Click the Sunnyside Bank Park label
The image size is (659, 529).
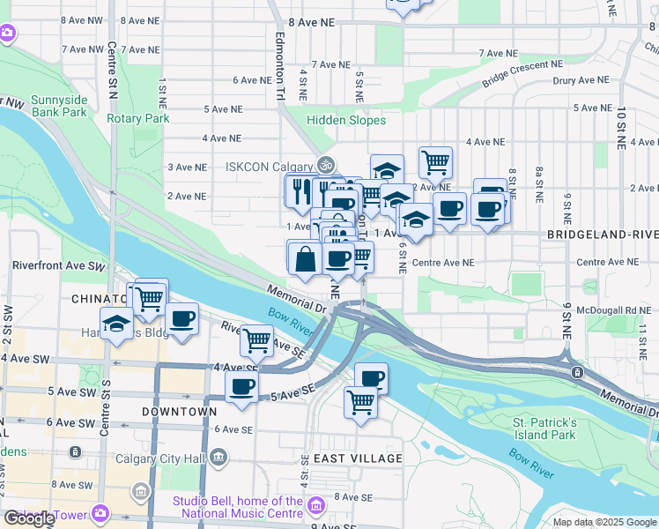tap(58, 106)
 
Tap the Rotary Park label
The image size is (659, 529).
tap(137, 118)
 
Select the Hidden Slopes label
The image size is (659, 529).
tap(346, 120)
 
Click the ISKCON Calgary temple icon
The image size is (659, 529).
tap(326, 165)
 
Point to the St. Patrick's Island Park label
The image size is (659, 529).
tap(544, 428)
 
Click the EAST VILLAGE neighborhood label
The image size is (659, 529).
tap(357, 458)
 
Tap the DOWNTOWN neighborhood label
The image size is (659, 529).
tap(179, 412)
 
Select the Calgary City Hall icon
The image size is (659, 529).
tap(218, 457)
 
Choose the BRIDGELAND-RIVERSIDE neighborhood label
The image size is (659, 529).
tap(602, 235)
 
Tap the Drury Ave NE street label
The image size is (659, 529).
tap(579, 79)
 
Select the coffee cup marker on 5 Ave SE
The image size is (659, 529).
tap(241, 385)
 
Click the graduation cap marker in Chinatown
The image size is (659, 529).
tap(116, 324)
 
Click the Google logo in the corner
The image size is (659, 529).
tap(29, 518)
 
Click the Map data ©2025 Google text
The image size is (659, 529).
tap(604, 522)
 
